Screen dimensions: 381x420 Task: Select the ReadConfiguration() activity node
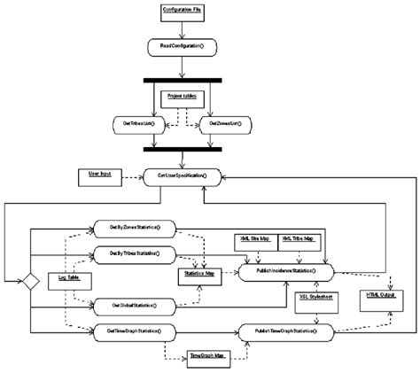(x=182, y=43)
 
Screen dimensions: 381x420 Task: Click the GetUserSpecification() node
(x=182, y=176)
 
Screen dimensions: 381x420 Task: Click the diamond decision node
(x=30, y=281)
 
